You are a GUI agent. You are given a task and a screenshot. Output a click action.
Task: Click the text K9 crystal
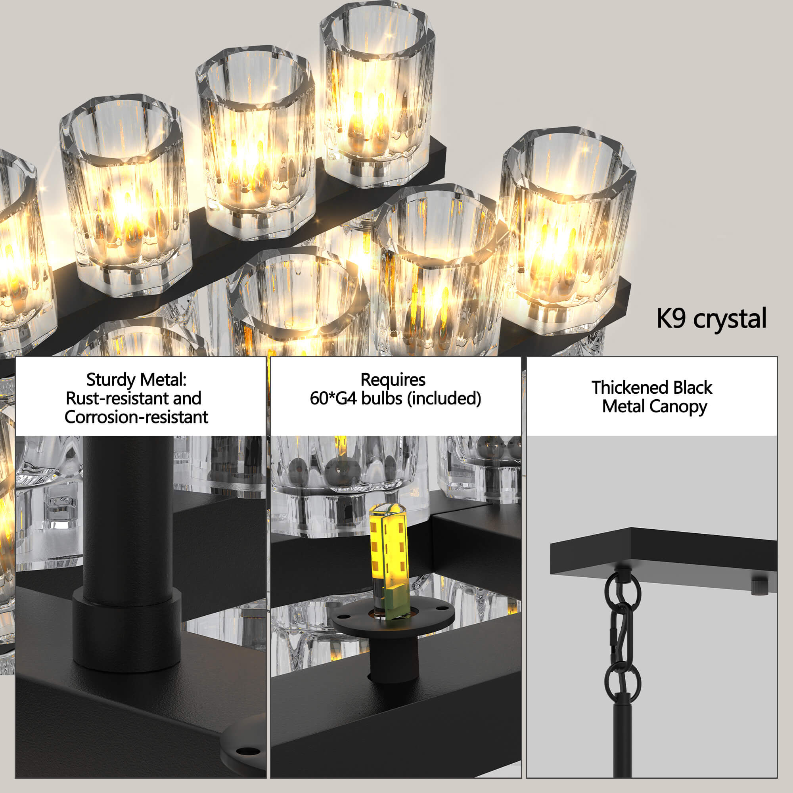pyautogui.click(x=711, y=318)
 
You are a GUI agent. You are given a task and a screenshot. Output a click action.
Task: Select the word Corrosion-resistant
pyautogui.click(x=136, y=417)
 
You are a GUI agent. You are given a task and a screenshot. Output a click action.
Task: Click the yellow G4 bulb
pyautogui.click(x=387, y=563)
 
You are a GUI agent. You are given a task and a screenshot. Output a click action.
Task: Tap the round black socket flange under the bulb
pyautogui.click(x=393, y=621)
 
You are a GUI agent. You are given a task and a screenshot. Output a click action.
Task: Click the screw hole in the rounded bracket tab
pyautogui.click(x=248, y=751)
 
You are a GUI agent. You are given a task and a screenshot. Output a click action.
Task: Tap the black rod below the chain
pyautogui.click(x=623, y=735)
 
